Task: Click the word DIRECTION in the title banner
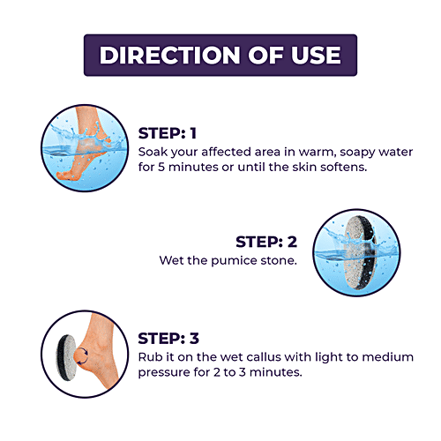pos(170,55)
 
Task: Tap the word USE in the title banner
pos(316,55)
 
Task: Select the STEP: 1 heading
pos(167,133)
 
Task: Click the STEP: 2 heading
pos(266,242)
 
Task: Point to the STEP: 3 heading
pos(168,338)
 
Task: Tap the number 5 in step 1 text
pos(161,167)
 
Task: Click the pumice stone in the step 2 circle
pos(360,253)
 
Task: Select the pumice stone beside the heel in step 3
pos(66,357)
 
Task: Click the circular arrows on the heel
pos(82,355)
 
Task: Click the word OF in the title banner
pos(265,55)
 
